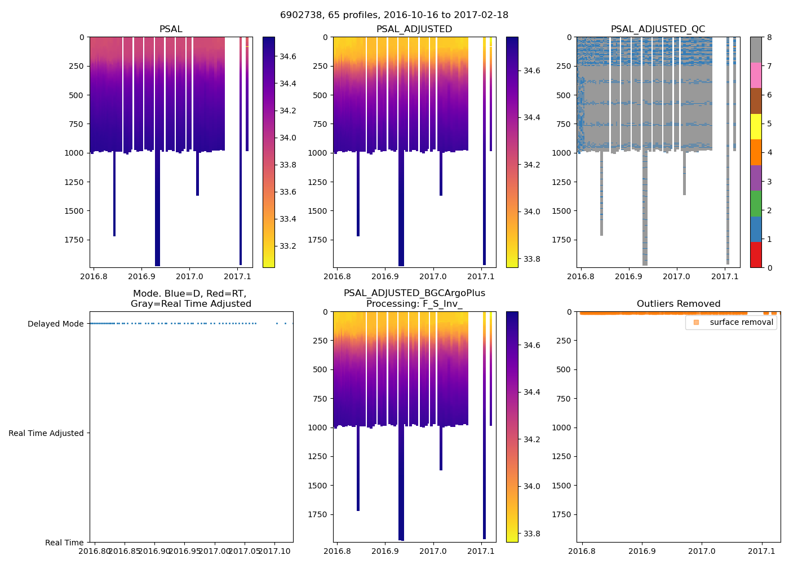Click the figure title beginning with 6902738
(394, 15)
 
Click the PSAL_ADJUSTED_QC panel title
(658, 29)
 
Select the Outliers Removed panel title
(678, 304)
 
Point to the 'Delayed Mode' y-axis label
(55, 324)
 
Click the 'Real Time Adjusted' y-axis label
(46, 434)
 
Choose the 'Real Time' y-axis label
(64, 543)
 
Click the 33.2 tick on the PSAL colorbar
(288, 246)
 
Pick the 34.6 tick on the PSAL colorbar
(288, 57)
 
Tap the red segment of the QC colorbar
(756, 254)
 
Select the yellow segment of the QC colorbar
(756, 127)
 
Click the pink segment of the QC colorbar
(756, 76)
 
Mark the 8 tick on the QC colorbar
(769, 38)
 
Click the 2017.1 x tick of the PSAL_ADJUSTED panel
(481, 277)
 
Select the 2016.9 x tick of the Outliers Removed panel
(642, 552)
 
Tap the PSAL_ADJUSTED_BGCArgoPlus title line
(414, 293)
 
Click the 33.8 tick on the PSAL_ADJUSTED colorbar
(531, 259)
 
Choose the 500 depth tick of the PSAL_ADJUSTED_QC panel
(564, 95)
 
